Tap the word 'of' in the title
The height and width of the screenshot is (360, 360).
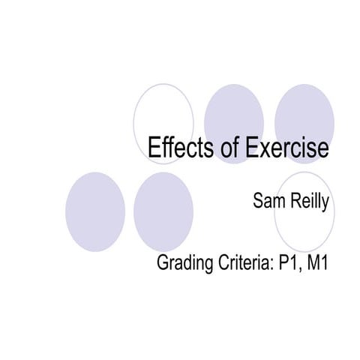[225, 147]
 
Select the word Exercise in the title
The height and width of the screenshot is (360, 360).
[285, 147]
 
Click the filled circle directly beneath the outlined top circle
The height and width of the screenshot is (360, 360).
[163, 212]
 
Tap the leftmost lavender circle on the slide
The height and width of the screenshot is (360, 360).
[94, 212]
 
